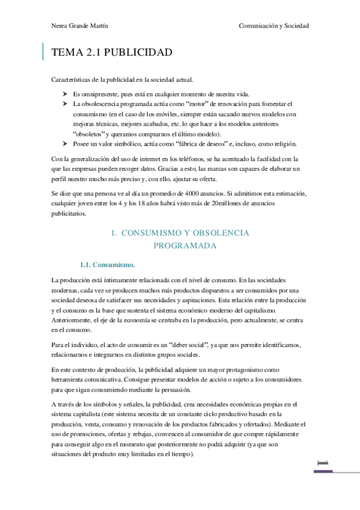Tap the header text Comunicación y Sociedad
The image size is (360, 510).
(x=273, y=26)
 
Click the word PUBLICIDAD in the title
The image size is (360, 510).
(x=138, y=53)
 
